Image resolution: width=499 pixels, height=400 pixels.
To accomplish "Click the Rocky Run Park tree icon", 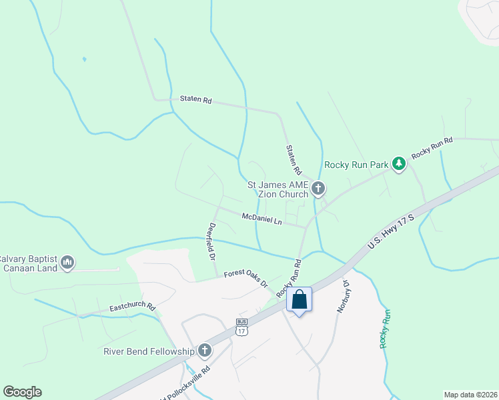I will (398, 163).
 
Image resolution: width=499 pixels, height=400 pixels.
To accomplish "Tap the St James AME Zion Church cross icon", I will (318, 189).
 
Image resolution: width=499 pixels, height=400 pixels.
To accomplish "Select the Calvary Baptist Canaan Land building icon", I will (67, 263).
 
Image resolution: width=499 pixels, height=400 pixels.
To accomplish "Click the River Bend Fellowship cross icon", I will (204, 350).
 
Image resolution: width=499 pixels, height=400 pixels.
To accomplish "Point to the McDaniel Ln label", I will (262, 219).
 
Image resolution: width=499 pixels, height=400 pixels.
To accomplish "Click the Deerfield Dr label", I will (213, 241).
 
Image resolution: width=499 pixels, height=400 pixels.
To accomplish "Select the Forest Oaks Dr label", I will (245, 278).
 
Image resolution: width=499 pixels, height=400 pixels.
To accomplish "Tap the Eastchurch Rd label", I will (132, 308).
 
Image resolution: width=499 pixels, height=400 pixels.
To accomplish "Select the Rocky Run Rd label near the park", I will (432, 147).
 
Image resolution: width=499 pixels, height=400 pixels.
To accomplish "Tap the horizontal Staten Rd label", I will (195, 100).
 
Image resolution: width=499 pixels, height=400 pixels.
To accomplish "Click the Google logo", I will (22, 392).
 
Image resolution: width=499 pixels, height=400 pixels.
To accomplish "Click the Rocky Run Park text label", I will (356, 165).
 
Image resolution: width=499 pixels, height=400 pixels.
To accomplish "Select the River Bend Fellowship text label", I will (148, 351).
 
